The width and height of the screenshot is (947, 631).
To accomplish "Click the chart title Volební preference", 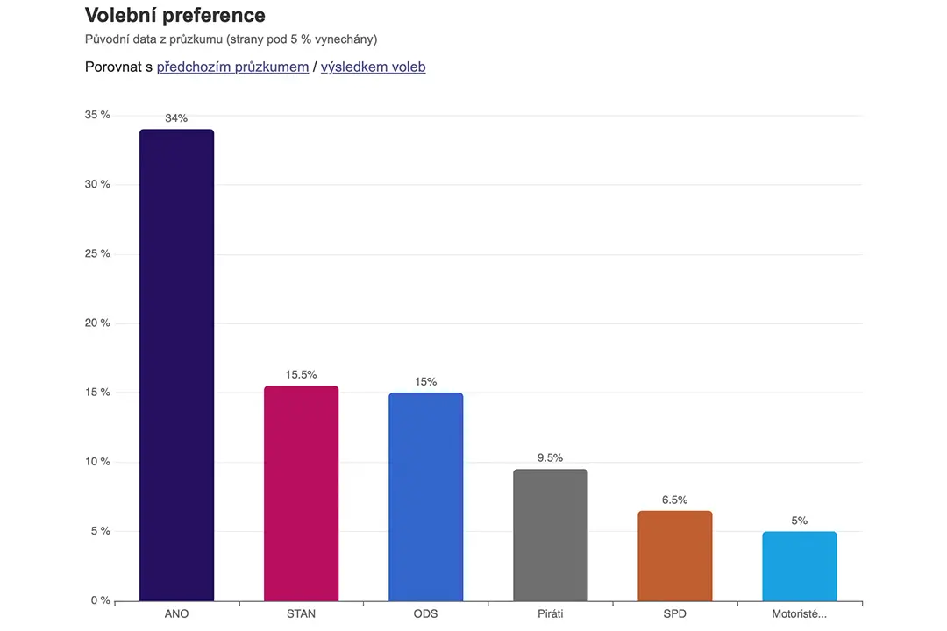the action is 175,16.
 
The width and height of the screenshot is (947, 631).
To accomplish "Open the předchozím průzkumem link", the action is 232,67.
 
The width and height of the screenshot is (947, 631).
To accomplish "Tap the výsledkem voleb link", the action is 374,67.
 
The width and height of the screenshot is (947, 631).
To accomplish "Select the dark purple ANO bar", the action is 176,365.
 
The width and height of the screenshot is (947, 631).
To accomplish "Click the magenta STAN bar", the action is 302,493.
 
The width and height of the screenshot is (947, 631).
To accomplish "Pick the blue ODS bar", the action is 426,497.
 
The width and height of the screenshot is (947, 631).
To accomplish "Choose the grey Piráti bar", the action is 550,535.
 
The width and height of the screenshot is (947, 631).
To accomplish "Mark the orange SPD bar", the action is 675,557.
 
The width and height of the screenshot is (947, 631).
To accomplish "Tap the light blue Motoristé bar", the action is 800,566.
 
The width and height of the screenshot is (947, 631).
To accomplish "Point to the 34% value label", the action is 176,118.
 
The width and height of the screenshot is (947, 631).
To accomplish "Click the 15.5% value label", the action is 302,375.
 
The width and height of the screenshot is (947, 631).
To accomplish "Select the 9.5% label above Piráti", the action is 550,457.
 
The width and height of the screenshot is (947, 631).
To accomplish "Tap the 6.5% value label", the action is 674,500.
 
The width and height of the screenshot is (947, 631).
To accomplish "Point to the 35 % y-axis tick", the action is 98,115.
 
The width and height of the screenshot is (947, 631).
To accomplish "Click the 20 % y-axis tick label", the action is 98,323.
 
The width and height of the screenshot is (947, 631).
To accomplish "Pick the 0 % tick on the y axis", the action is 101,601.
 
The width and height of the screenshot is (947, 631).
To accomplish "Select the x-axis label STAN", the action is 302,614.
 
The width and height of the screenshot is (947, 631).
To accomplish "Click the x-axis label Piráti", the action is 550,614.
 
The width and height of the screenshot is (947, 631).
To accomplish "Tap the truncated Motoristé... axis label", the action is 799,614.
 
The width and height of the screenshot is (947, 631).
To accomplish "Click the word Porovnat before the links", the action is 113,67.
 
